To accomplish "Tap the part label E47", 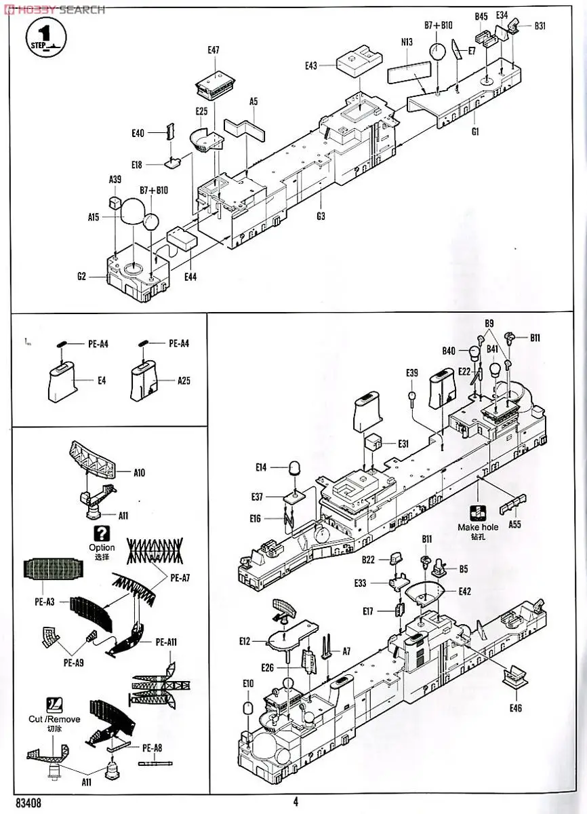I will click(x=214, y=50).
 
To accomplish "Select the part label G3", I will click(x=321, y=216).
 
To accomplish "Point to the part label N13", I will click(x=406, y=42).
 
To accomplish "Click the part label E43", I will click(x=311, y=66).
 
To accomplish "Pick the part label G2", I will click(x=81, y=276).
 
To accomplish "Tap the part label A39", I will click(x=115, y=179).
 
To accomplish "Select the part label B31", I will click(x=540, y=26).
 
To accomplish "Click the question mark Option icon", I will click(x=102, y=533).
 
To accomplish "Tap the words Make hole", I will click(x=478, y=526).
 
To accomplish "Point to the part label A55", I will click(x=515, y=525).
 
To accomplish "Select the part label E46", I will click(x=516, y=708).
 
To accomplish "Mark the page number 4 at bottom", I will click(x=296, y=801).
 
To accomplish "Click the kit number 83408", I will click(x=24, y=801).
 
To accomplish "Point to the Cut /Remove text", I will click(x=54, y=719).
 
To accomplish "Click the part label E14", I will click(x=262, y=467).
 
